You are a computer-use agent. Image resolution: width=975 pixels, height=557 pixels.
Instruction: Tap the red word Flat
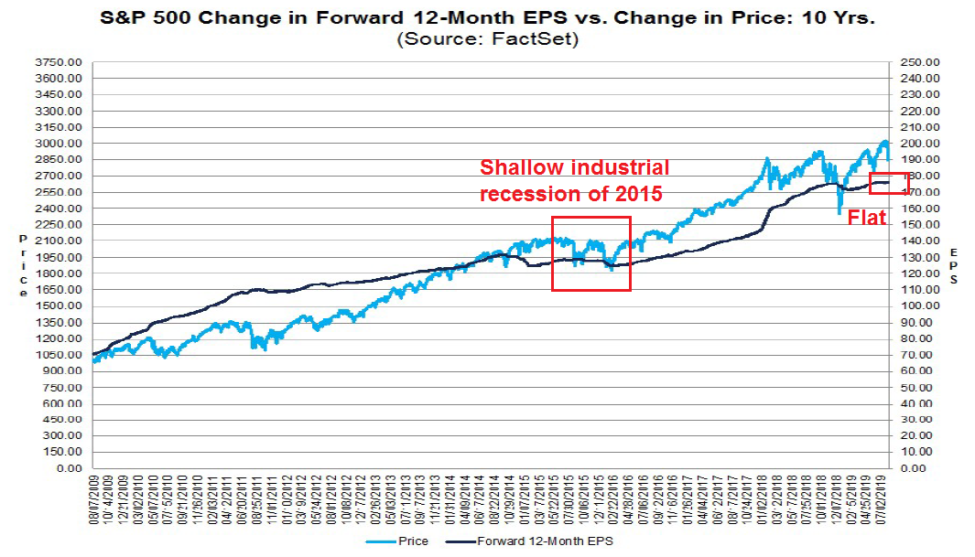tap(865, 217)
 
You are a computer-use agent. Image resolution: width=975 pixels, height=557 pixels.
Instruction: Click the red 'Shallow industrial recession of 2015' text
tap(574, 181)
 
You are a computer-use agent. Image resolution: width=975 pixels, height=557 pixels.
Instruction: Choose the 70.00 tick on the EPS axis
tap(917, 355)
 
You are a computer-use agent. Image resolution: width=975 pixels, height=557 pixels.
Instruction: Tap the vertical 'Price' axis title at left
tap(23, 265)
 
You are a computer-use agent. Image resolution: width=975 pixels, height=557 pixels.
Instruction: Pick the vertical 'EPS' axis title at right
tap(954, 265)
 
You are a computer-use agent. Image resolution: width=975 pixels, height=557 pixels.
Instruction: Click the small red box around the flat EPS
tap(889, 184)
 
